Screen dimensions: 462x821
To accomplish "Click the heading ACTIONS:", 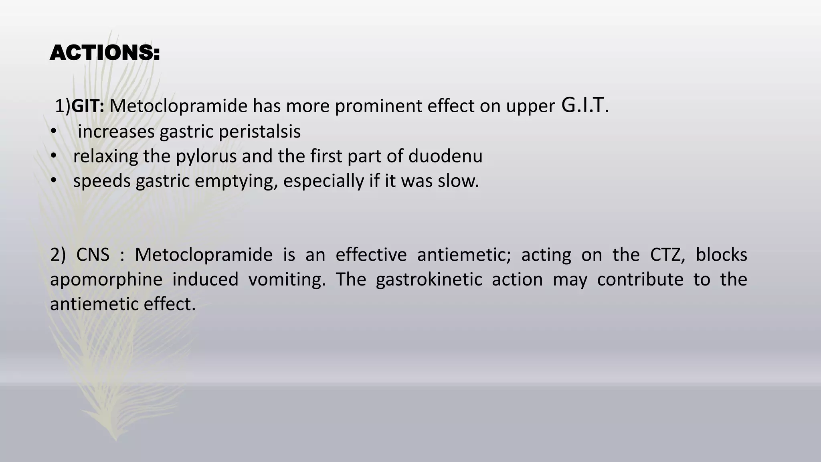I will coord(105,53).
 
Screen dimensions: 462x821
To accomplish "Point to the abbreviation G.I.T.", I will coord(585,105).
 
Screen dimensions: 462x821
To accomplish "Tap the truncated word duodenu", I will coord(445,156).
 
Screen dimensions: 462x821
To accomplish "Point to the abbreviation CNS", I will coord(93,255).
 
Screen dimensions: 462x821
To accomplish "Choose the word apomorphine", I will coord(106,280).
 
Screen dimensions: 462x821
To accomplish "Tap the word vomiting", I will coord(287,280).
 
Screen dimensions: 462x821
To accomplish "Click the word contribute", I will coord(640,280).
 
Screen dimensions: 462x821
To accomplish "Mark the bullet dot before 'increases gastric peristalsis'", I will coord(53,132).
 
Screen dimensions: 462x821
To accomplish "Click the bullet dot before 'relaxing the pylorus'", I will coord(53,157).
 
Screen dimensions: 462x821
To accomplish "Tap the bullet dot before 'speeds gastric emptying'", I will coord(53,182).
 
